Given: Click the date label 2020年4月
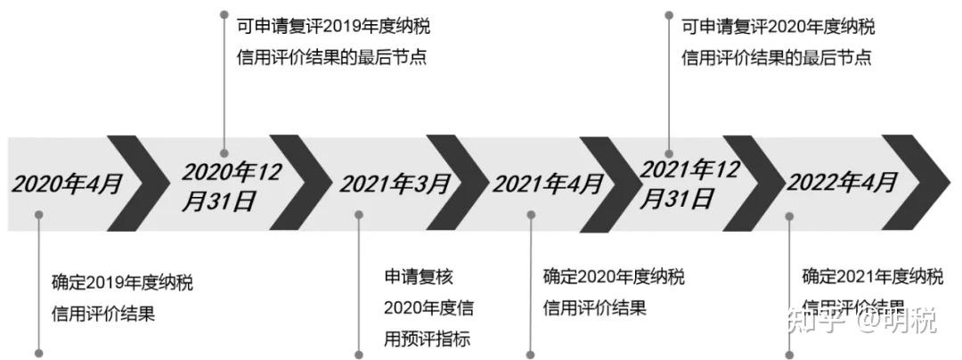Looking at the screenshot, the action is tap(68, 184).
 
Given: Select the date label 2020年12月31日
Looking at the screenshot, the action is tap(231, 185).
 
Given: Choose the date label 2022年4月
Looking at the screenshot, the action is tap(842, 183).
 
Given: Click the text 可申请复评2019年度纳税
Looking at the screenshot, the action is tap(333, 26).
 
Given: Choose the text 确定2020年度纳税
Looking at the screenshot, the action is tap(614, 277).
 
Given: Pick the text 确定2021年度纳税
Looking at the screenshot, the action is tap(872, 276).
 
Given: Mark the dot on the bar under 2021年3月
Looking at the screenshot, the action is tap(359, 214).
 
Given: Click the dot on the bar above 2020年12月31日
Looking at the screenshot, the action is tap(224, 153).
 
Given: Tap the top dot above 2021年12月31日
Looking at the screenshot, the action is tap(668, 14).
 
